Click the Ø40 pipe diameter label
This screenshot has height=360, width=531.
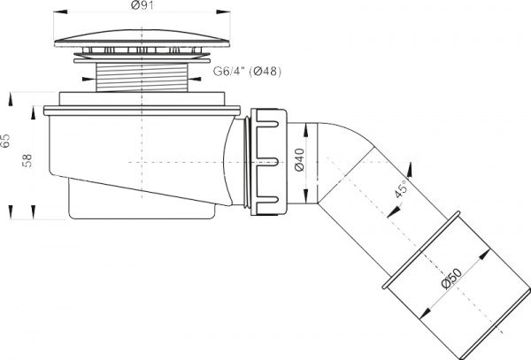point(299,162)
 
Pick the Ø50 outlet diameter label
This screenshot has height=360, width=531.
point(447,281)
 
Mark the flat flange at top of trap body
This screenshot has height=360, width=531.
point(141,111)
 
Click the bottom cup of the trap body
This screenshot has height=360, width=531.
point(141,203)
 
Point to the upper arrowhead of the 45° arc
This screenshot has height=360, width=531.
point(412,165)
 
